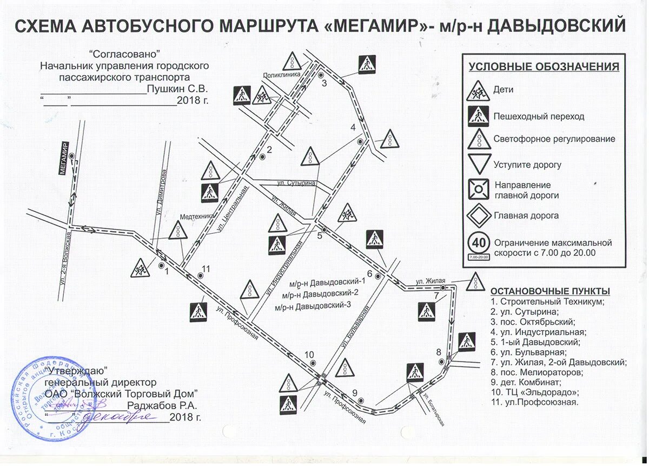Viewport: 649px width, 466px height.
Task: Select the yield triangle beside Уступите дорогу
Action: tap(479, 164)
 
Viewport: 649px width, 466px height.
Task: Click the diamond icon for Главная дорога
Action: tap(479, 215)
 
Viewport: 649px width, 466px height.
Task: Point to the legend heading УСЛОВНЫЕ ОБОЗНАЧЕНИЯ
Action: tap(544, 67)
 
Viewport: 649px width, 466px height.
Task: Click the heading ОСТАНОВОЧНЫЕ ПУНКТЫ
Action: tap(549, 291)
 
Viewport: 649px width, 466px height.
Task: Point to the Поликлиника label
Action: tap(281, 76)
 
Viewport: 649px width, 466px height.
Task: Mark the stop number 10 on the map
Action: tap(309, 355)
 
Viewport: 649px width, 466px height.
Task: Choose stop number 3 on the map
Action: tap(325, 83)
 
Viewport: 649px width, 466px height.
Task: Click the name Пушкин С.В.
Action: tap(177, 88)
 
